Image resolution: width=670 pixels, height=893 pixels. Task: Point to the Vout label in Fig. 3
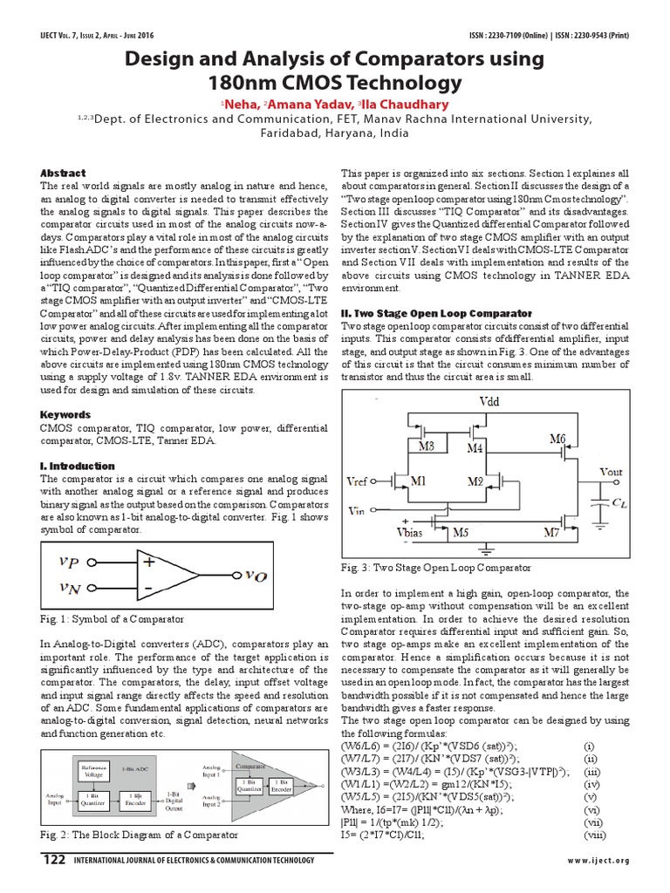(611, 472)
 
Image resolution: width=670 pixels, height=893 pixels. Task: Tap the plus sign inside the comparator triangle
(150, 562)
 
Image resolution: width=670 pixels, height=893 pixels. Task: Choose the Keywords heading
(65, 414)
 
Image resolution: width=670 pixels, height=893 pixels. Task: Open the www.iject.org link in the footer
(598, 861)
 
